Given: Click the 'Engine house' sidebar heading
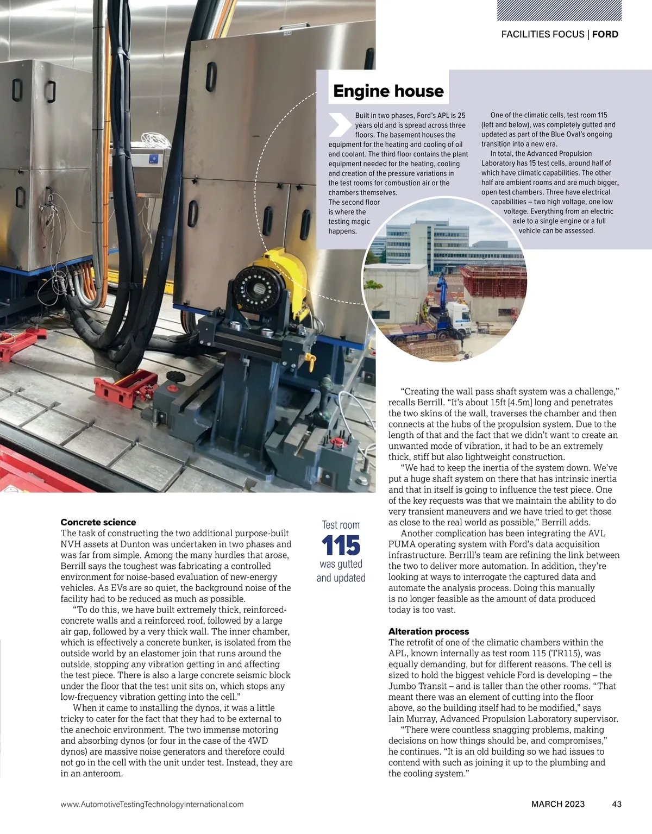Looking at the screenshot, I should [388, 91].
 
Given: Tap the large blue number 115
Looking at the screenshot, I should [341, 545].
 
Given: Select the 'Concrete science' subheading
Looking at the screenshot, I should [98, 522].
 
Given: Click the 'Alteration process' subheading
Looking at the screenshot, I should [429, 631].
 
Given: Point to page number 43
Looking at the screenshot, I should [616, 804].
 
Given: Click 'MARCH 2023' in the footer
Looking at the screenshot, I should [558, 804].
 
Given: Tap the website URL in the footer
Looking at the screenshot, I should [152, 804].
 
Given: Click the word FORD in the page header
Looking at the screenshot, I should [605, 34].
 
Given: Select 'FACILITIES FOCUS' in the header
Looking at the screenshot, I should [543, 34].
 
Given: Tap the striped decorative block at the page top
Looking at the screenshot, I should [574, 10].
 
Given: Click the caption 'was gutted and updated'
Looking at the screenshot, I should [341, 571].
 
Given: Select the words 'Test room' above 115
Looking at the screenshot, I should [341, 525].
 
